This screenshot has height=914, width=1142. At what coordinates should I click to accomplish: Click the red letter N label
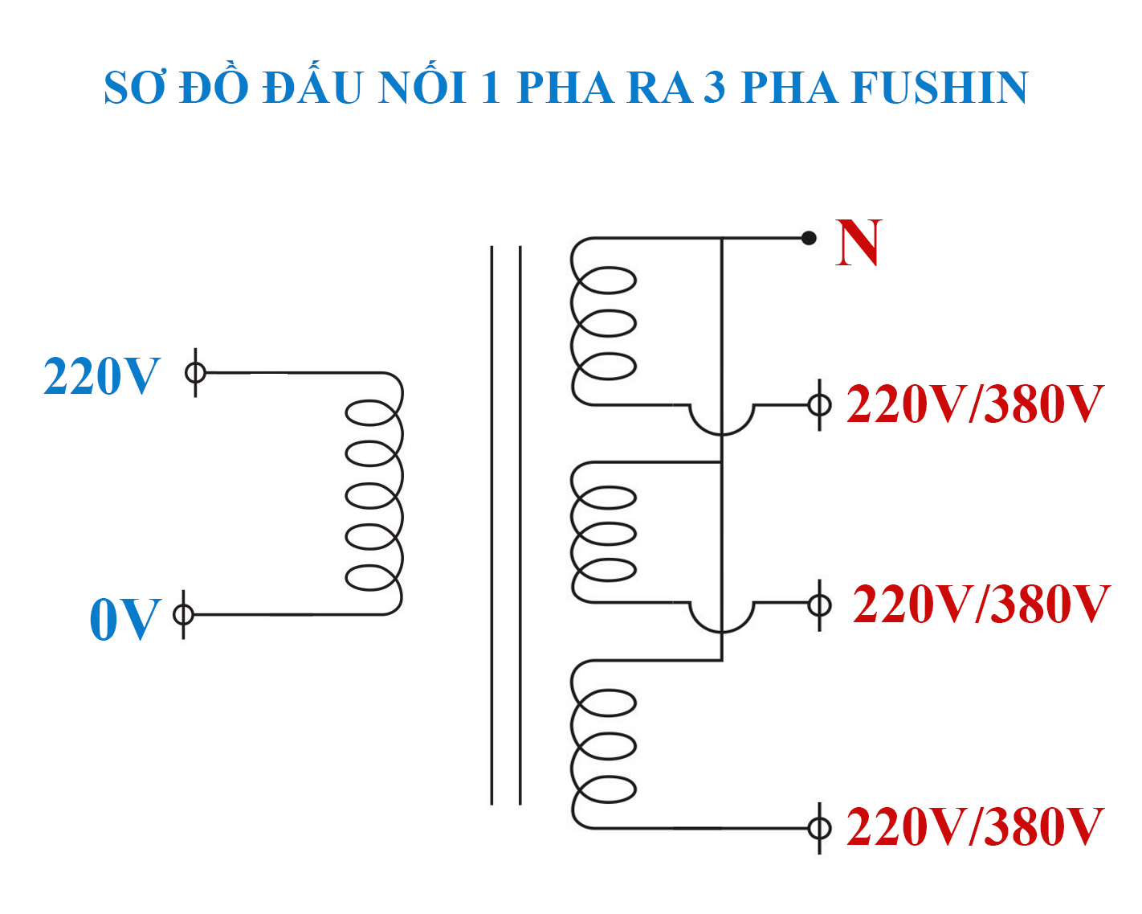859,243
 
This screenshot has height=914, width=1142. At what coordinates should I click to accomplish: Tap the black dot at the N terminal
809,238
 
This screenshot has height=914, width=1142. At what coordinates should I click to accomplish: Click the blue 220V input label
102,376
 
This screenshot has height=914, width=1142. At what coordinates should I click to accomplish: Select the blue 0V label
125,619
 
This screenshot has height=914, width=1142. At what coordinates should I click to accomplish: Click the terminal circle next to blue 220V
196,373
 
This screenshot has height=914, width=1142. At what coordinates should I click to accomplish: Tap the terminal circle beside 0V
184,615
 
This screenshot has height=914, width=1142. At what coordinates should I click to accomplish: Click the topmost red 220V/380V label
975,404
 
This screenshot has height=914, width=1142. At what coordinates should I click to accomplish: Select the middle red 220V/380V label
981,604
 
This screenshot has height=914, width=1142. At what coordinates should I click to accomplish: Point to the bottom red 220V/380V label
975,826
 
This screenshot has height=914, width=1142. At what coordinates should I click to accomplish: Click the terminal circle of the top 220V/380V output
819,404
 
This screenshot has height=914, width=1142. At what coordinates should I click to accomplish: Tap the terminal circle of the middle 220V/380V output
819,604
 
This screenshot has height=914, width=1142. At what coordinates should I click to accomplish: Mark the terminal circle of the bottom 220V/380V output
819,827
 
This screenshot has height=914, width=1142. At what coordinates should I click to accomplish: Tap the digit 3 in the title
714,88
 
